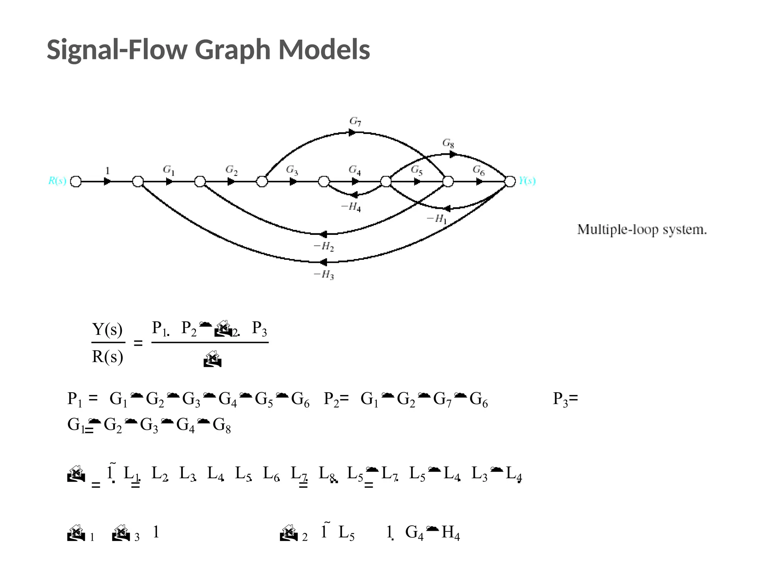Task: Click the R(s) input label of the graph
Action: click(x=57, y=181)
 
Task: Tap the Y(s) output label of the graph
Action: click(x=527, y=181)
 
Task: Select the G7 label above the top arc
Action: click(x=355, y=121)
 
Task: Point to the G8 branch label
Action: click(x=448, y=143)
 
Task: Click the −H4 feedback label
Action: click(x=351, y=207)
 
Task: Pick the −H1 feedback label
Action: click(x=437, y=219)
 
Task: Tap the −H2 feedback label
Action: click(x=324, y=247)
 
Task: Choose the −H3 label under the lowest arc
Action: click(x=324, y=275)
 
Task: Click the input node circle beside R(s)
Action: click(x=76, y=182)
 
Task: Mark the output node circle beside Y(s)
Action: click(x=510, y=182)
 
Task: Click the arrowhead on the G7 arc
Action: click(x=352, y=132)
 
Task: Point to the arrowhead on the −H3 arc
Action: click(x=323, y=262)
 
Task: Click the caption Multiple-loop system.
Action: click(x=642, y=230)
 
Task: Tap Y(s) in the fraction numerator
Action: click(x=107, y=329)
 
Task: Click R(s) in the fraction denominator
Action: click(x=107, y=356)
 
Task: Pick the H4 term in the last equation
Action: click(x=450, y=533)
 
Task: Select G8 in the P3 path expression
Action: click(x=222, y=425)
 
